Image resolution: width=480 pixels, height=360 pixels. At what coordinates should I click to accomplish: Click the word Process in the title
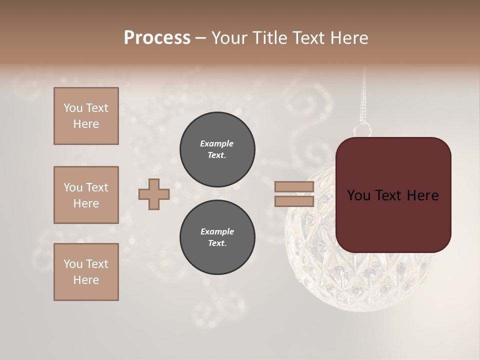(157, 38)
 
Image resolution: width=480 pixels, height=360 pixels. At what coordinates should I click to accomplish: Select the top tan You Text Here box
(86, 116)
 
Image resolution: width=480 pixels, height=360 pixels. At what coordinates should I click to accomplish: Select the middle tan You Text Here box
(86, 195)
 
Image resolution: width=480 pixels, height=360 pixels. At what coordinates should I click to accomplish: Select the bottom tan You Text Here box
(86, 272)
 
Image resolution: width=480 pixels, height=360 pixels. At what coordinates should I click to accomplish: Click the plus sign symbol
(154, 194)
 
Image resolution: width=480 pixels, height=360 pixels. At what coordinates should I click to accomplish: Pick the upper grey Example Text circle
(217, 149)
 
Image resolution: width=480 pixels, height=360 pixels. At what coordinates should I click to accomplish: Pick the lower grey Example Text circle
(217, 237)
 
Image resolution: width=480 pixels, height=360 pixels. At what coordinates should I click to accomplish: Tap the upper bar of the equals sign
(294, 187)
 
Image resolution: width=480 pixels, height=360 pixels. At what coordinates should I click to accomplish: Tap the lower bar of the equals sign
(294, 201)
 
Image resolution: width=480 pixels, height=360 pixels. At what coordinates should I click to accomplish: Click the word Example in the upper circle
(217, 143)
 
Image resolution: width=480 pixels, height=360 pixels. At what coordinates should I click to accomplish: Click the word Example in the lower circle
(217, 231)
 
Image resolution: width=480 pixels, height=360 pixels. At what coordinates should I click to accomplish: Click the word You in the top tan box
(72, 108)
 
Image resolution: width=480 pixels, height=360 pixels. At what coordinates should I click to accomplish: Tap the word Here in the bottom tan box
(86, 280)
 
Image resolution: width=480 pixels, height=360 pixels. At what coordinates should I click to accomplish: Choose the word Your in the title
(227, 38)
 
